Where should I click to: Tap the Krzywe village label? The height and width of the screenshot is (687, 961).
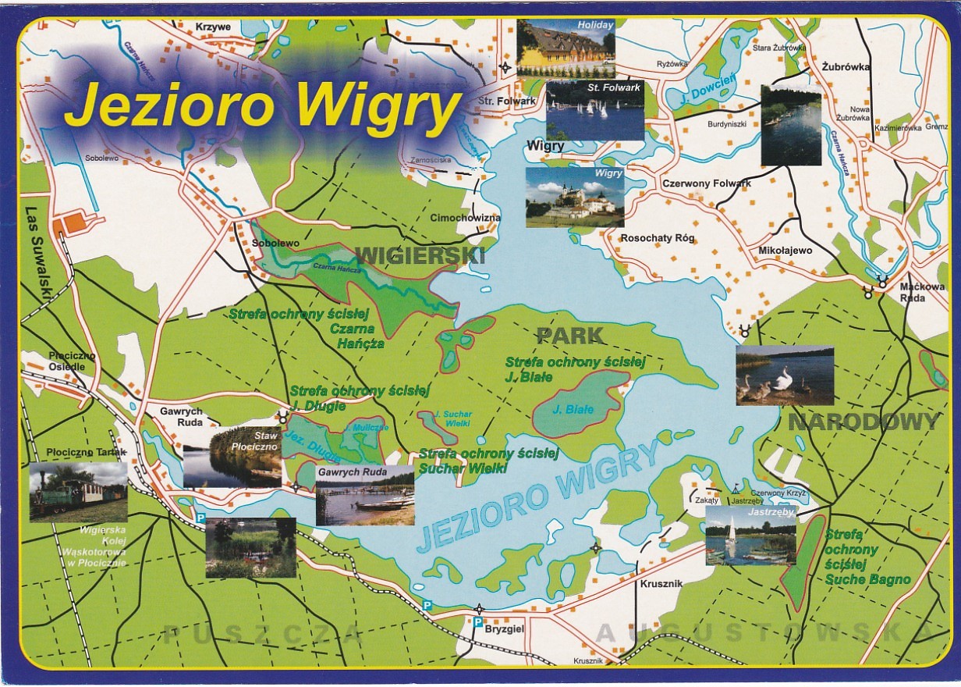point(213,27)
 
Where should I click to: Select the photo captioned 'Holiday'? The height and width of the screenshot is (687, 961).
point(566,48)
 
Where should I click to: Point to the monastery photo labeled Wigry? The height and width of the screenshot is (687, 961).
point(575,197)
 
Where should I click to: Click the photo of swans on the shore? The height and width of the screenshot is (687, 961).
point(784,375)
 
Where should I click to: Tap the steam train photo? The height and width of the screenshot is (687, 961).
point(78,492)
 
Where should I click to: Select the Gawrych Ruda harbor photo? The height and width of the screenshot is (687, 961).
point(364,496)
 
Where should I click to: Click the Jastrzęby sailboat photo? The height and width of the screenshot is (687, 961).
point(750,535)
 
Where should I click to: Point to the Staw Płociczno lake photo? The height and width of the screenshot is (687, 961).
point(232,457)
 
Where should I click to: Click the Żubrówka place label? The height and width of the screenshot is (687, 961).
point(846,66)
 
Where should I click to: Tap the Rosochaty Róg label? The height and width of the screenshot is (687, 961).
point(658,238)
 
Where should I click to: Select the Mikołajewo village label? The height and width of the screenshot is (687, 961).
point(785,251)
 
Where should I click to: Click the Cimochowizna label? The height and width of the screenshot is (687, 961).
point(466,218)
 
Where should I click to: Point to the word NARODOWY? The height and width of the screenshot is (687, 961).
point(863,422)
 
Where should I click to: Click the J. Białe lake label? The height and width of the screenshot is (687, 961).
point(573,409)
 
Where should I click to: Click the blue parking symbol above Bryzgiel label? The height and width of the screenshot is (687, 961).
point(477,621)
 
